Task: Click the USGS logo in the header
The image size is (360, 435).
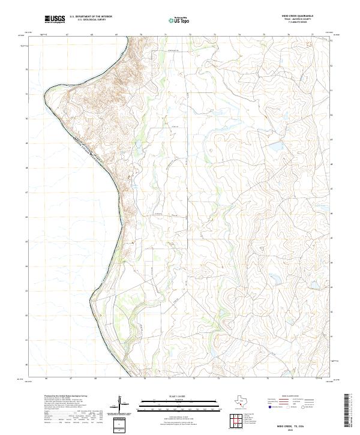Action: pos(55,19)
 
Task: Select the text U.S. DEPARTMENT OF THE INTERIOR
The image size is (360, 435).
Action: pos(91,17)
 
